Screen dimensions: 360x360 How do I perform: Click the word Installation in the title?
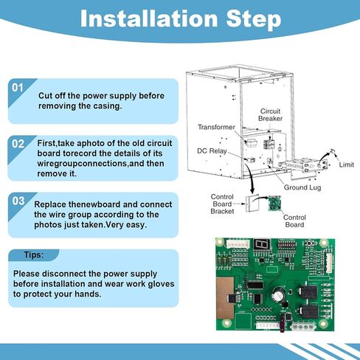[149, 18]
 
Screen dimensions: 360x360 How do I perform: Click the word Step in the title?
[254, 20]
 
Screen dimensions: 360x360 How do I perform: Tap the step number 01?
[17, 88]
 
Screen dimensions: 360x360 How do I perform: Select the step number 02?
[18, 144]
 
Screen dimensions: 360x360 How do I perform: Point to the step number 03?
[18, 201]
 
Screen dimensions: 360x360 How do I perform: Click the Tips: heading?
[34, 255]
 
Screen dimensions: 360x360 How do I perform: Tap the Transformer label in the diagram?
[216, 127]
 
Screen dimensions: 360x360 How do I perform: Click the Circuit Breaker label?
[270, 115]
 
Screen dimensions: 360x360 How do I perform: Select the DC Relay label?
[212, 151]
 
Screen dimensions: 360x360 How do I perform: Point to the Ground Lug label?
[302, 187]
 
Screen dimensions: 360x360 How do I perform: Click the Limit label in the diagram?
[347, 165]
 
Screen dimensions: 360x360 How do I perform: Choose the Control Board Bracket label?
[222, 204]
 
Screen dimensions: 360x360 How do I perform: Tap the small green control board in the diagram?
[274, 203]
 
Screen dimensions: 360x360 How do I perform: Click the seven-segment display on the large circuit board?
[262, 244]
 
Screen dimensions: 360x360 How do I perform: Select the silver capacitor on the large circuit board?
[279, 294]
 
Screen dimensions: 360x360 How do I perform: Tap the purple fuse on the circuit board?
[283, 323]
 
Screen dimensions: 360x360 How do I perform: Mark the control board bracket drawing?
[252, 204]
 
